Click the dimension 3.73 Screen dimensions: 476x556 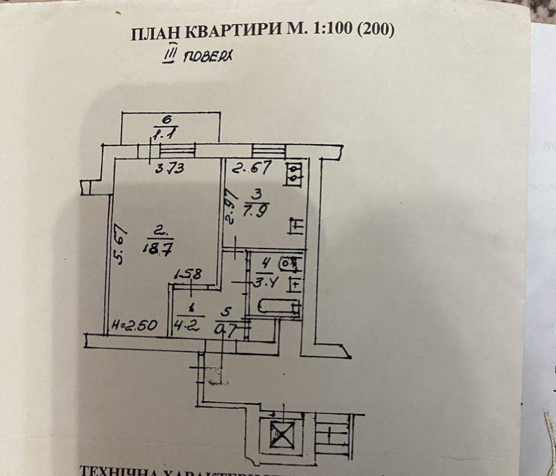coord(168,169)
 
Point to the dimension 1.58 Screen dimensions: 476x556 coord(188,274)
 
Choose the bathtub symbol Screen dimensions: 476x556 coord(278,306)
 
